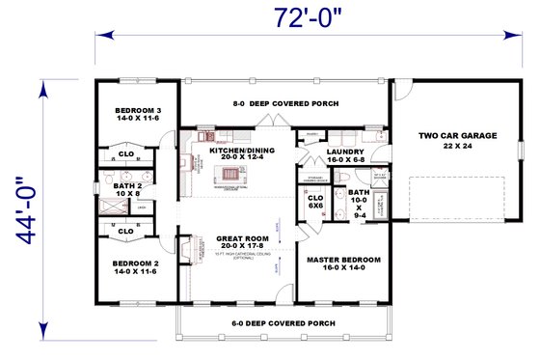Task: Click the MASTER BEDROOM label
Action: [343, 263]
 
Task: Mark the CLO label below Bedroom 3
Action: [125, 153]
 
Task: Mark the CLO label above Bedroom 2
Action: [125, 232]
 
